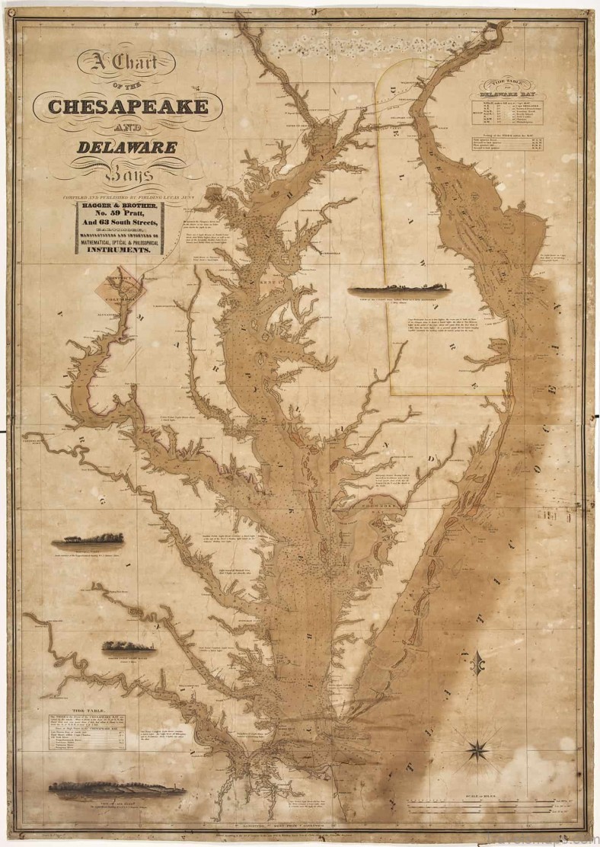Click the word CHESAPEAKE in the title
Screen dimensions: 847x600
(x=129, y=106)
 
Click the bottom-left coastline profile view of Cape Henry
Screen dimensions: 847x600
(x=116, y=788)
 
